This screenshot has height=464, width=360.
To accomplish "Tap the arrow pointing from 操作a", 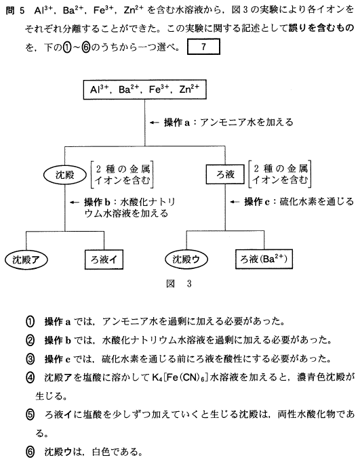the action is pyautogui.click(x=155, y=122).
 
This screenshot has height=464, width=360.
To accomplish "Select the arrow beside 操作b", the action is pyautogui.click(x=75, y=203).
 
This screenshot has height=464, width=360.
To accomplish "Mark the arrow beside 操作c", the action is pyautogui.click(x=235, y=202).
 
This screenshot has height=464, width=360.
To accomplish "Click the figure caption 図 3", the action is pyautogui.click(x=179, y=284).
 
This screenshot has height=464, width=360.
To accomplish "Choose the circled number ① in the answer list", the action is pyautogui.click(x=31, y=322).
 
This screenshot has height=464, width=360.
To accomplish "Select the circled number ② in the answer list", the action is pyautogui.click(x=31, y=341).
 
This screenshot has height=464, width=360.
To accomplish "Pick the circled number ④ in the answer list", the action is pyautogui.click(x=31, y=378).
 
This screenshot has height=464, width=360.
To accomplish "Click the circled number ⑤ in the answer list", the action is pyautogui.click(x=31, y=415).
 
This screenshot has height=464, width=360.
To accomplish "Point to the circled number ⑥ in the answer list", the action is pyautogui.click(x=31, y=452).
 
